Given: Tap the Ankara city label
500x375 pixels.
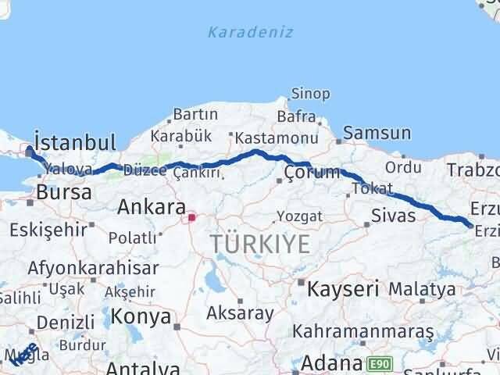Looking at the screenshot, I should tap(151, 207).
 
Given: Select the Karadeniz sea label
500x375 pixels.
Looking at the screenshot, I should tap(250, 32).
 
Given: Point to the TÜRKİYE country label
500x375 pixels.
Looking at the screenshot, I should tap(259, 244).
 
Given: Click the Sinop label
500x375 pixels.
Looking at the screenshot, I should tap(310, 94).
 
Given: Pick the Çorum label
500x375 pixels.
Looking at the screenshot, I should tap(312, 172).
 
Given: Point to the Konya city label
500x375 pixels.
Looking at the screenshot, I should tap(141, 316).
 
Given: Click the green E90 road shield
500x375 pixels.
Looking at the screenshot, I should tap(378, 363).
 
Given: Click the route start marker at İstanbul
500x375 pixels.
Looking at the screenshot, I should tap(30, 152).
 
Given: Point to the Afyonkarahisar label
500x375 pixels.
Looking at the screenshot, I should tap(92, 267).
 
